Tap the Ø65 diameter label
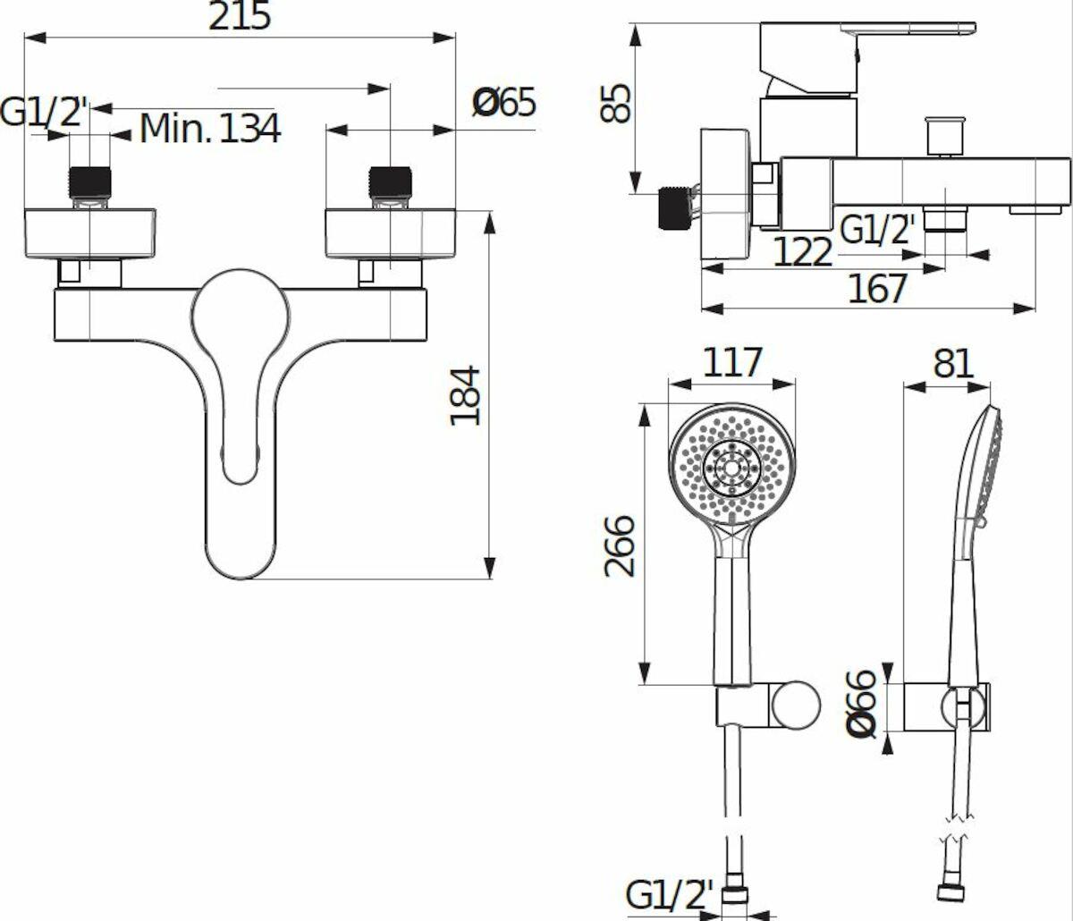(x=503, y=102)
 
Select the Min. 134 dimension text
(x=210, y=128)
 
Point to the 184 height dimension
(x=465, y=396)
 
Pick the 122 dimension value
(x=803, y=252)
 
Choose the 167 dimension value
(x=877, y=289)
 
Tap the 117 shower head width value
(x=732, y=362)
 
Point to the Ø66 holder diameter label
(x=860, y=704)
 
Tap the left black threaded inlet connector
(x=89, y=183)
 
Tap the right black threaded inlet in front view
(x=390, y=183)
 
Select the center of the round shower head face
(x=731, y=469)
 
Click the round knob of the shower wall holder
(x=796, y=705)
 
